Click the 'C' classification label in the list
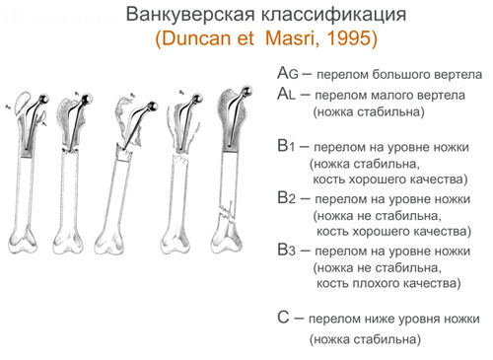click(x=284, y=318)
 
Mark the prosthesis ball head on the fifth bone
click(x=238, y=90)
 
